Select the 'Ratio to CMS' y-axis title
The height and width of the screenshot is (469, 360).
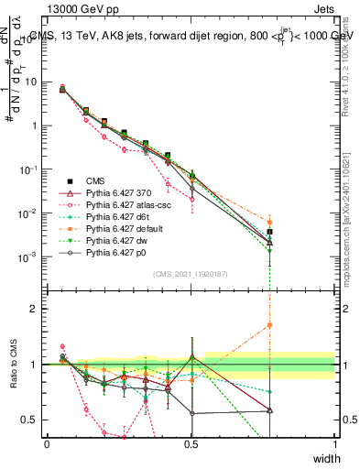tap(13, 366)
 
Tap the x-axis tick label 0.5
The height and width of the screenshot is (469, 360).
tap(191, 443)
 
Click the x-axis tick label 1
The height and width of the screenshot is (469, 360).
tap(334, 443)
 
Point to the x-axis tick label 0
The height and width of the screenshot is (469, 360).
tap(47, 443)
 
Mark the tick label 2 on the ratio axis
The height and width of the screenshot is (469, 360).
tap(34, 309)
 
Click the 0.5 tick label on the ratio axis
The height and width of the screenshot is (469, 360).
tap(29, 420)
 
